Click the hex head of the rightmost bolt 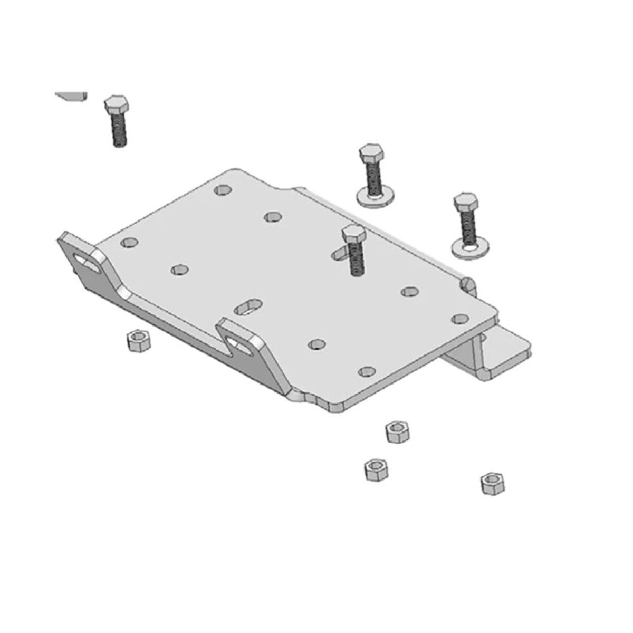(x=466, y=202)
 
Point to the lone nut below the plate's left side (x=139, y=340)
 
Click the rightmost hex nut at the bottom (x=491, y=483)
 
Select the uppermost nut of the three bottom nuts (x=398, y=431)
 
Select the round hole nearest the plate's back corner (x=223, y=189)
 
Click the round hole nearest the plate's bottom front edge (x=366, y=371)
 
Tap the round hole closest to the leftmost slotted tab (x=128, y=243)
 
